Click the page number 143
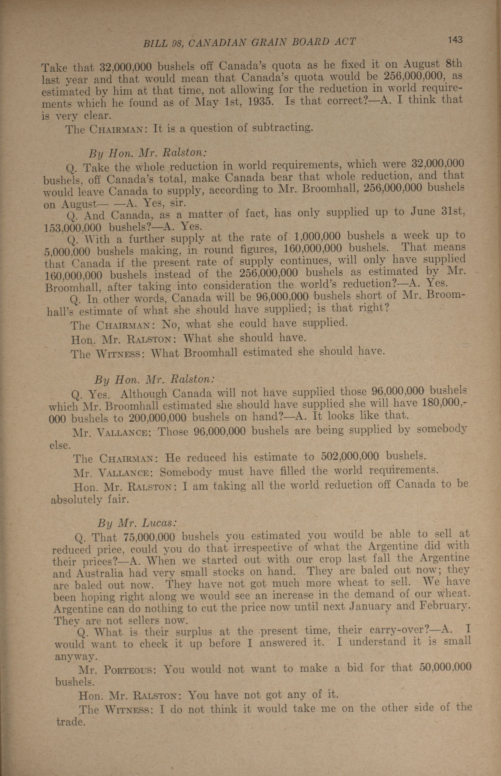[455, 40]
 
